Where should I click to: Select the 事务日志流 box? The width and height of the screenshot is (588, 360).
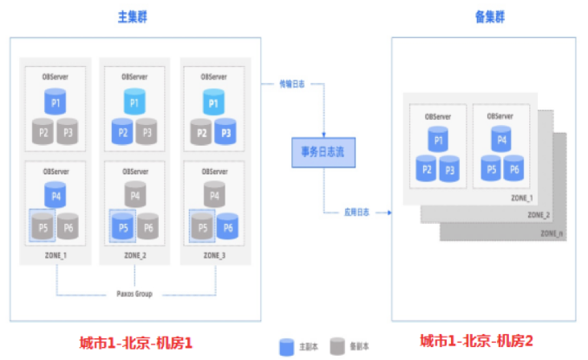click(322, 153)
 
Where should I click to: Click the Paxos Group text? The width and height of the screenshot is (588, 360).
click(135, 294)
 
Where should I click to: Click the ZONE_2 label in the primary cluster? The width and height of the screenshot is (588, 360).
click(135, 255)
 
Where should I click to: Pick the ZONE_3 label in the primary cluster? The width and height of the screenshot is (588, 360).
click(213, 255)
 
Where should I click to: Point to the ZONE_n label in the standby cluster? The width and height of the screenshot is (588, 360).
click(551, 233)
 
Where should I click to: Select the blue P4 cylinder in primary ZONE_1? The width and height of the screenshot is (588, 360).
click(56, 194)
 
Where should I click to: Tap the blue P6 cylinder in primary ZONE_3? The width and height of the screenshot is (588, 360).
click(227, 227)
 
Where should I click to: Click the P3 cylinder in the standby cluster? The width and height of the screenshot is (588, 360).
click(449, 168)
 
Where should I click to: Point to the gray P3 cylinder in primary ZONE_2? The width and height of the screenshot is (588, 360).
click(147, 133)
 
